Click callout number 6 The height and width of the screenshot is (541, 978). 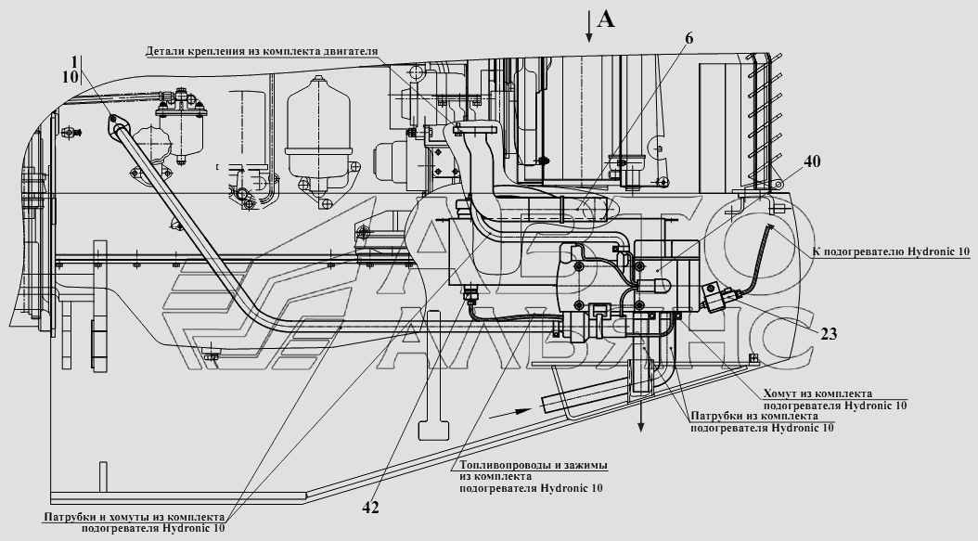[x=688, y=38]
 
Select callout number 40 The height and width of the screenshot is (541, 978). [x=812, y=161]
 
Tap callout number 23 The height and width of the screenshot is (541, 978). [x=829, y=334]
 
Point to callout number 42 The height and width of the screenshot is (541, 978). [x=370, y=508]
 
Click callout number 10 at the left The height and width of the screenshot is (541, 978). [x=71, y=77]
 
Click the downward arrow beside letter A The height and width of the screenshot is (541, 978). [x=588, y=26]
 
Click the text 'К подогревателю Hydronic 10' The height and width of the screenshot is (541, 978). [x=891, y=251]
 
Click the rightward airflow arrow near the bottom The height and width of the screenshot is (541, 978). [x=510, y=412]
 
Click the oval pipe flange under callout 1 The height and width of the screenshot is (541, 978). [x=117, y=125]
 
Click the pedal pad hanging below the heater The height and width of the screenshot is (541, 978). [x=433, y=431]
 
